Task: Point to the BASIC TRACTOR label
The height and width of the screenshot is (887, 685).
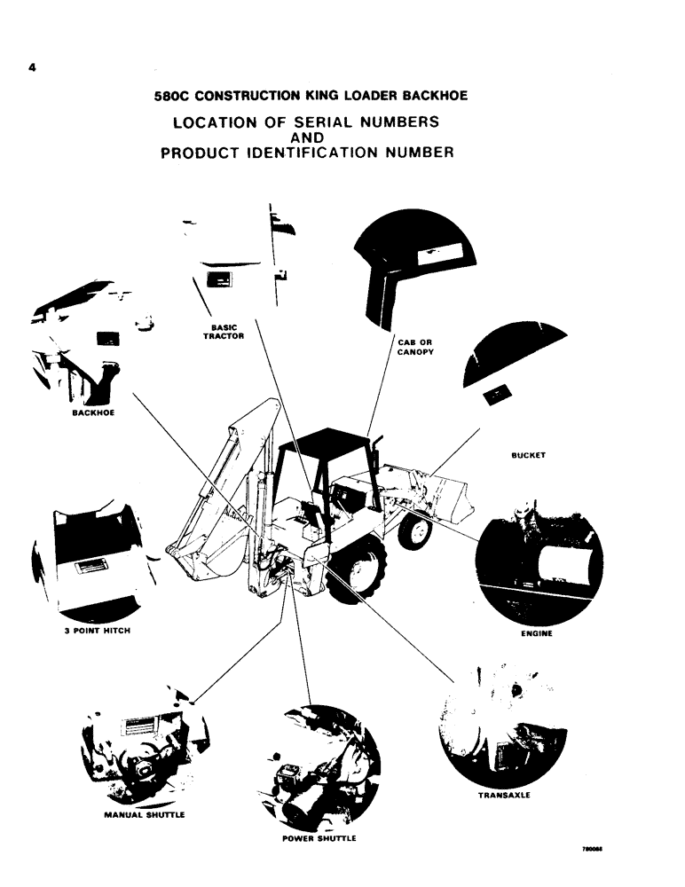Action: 217,332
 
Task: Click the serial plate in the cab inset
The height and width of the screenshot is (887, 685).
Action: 436,254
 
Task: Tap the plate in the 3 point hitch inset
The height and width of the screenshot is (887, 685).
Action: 91,565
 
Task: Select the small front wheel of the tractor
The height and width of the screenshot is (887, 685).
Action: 414,530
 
